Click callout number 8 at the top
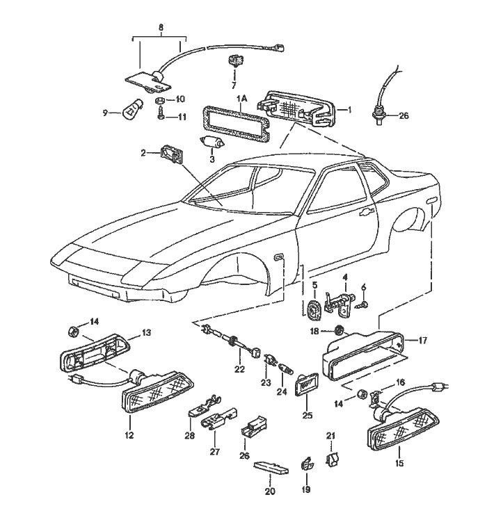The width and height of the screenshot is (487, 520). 161,28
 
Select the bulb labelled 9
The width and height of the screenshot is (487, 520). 133,110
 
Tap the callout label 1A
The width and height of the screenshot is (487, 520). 241,99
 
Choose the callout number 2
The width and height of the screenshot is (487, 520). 144,152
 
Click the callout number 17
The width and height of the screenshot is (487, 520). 422,341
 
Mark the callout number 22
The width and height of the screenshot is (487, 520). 239,369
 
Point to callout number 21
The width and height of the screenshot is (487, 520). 332,436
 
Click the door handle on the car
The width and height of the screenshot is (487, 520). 365,213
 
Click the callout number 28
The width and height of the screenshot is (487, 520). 189,435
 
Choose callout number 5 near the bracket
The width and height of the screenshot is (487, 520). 314,284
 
